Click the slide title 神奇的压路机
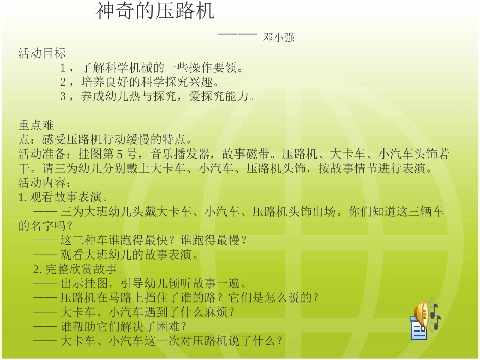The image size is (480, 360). [155, 12]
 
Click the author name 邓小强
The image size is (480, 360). [279, 37]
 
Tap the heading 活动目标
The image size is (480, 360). [42, 53]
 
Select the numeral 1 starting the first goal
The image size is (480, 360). [63, 68]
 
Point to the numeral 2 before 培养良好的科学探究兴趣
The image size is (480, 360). [63, 82]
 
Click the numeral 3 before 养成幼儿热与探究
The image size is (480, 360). [63, 97]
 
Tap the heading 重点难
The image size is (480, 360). [36, 125]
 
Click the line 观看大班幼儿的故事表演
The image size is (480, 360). [129, 254]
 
